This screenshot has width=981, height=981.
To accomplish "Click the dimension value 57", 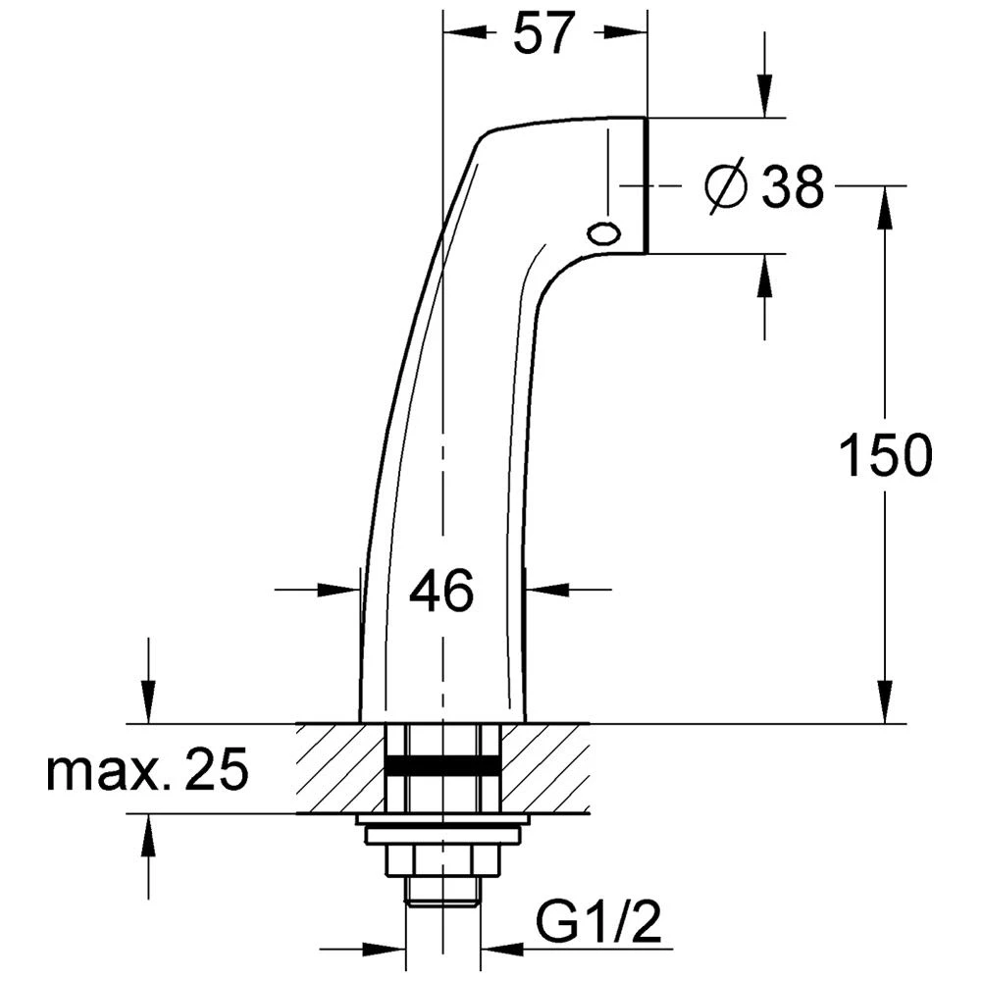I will tap(542, 35).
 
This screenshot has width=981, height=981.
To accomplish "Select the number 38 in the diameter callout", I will tap(793, 186).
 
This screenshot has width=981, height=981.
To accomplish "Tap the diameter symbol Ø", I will tap(727, 185).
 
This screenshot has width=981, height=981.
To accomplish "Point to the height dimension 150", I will tap(885, 456).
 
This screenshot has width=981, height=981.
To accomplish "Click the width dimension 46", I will tap(441, 592).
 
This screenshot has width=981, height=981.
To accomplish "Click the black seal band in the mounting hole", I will tap(442, 766).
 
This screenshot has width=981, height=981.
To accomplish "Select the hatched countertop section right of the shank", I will tap(545, 768).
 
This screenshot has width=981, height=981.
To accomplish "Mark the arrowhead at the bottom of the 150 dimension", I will tap(885, 708).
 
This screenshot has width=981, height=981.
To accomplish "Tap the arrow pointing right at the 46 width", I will tap(343, 590).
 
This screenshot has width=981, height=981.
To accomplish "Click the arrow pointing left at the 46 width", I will tap(544, 590).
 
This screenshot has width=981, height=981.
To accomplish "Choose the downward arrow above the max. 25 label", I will tap(148, 708).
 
